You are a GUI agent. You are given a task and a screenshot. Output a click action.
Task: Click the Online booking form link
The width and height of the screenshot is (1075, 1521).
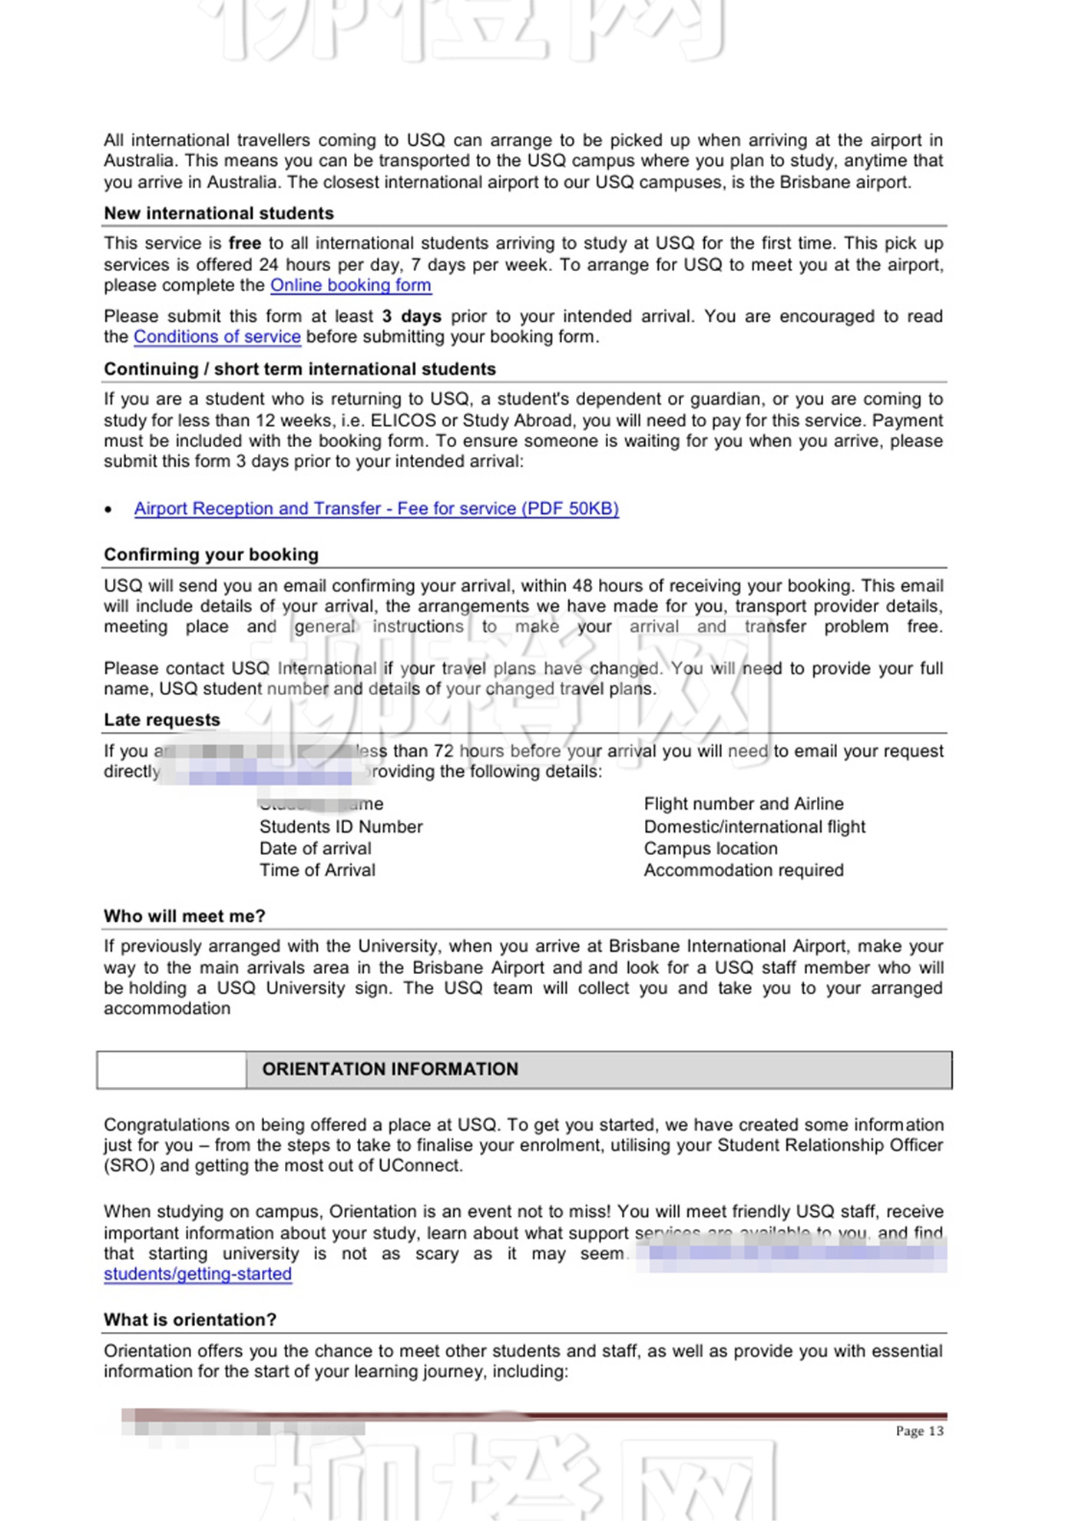[x=350, y=286]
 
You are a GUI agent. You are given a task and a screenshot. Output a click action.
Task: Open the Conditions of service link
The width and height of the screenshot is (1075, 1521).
[x=217, y=337]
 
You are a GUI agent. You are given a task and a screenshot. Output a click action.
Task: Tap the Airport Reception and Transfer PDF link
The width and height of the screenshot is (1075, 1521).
[x=376, y=509]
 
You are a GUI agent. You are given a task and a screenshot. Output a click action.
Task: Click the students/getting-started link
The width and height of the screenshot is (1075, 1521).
[x=197, y=1274]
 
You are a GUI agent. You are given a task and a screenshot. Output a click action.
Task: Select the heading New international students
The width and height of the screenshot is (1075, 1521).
[x=219, y=214]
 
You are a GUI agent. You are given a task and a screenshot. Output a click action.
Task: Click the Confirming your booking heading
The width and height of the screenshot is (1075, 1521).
[x=211, y=555]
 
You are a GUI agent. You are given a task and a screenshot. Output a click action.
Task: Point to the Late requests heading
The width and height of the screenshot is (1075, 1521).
[x=162, y=720]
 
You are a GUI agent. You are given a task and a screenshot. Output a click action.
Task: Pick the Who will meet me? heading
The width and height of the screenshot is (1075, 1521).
[x=184, y=916]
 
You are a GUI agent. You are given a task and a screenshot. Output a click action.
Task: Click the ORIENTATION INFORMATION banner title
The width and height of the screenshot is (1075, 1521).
[x=390, y=1069]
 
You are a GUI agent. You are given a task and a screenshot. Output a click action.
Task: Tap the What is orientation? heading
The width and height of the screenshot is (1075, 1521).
[x=190, y=1320]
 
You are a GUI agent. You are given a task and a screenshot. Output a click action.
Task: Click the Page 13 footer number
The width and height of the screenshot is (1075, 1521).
[x=919, y=1431]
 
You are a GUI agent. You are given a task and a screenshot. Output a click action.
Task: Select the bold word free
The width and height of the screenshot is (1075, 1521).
[x=245, y=244]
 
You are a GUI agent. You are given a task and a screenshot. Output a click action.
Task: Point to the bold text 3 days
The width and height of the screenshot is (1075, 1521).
[x=412, y=316]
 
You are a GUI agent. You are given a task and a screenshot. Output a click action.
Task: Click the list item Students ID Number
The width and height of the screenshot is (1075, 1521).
[x=341, y=827]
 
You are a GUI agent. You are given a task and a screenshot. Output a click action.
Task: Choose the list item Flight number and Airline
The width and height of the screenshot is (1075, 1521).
[x=743, y=804]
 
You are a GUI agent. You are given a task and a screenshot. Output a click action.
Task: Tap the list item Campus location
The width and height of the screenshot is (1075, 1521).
[x=710, y=849]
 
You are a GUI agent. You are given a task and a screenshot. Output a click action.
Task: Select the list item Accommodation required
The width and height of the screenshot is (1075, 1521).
[x=743, y=870]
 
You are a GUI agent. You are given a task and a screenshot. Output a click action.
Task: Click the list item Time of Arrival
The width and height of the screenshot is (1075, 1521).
[x=317, y=870]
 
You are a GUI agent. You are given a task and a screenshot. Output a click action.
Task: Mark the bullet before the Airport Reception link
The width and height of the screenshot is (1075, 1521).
[x=109, y=509]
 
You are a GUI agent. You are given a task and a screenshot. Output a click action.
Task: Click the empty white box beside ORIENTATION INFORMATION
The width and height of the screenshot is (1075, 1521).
[x=171, y=1069]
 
